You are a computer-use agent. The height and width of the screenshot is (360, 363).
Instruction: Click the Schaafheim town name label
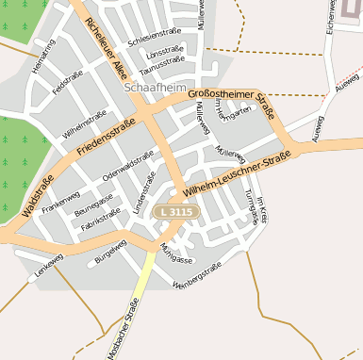154,88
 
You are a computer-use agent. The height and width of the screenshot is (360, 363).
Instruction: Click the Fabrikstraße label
101,220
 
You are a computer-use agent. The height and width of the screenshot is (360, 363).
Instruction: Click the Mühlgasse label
176,252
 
